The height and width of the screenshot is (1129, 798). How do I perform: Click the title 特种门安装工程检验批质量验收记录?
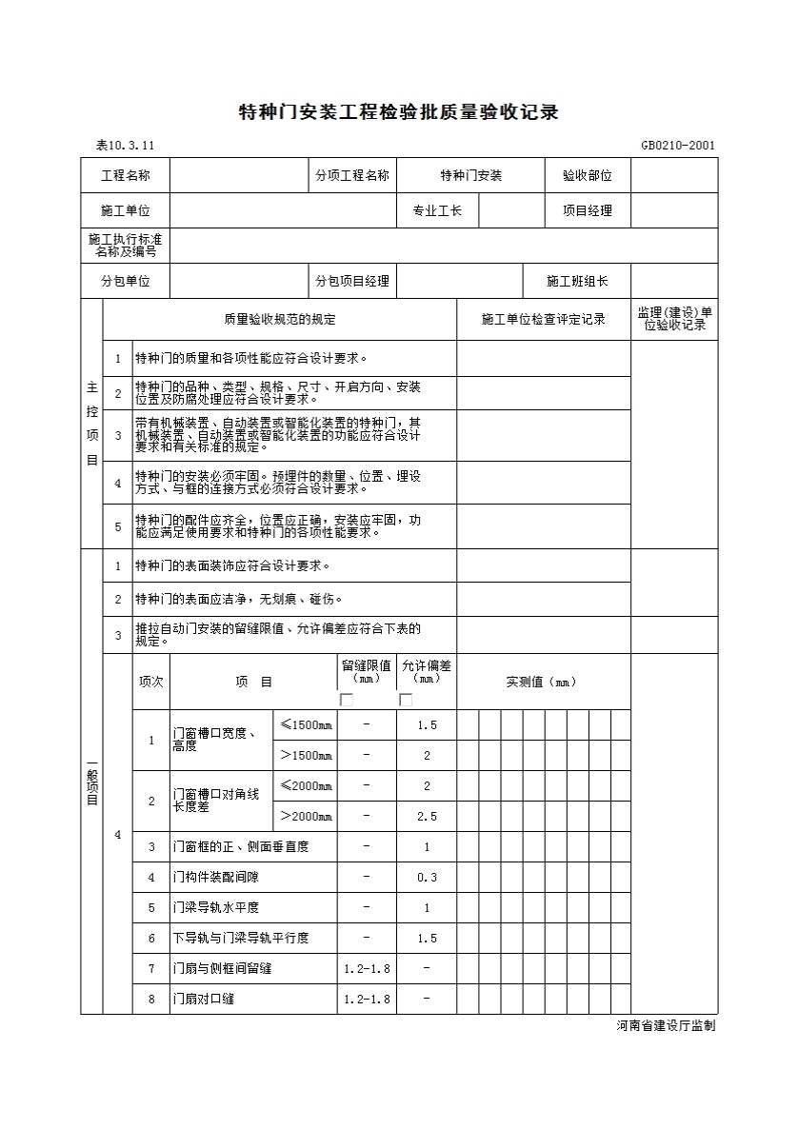pos(397,112)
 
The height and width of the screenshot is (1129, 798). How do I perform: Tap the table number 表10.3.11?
pos(125,146)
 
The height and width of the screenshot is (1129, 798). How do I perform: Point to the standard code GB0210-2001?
pos(678,146)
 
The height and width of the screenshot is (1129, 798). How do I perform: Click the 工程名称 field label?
pos(126,176)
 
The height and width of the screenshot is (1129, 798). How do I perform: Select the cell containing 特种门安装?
pos(470,176)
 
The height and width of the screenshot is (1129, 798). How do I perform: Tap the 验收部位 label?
pos(587,176)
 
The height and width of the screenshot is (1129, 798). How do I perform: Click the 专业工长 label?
pos(437,211)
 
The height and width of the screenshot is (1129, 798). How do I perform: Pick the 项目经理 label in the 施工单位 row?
pos(587,211)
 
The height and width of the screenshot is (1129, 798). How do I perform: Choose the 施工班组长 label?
pos(576,282)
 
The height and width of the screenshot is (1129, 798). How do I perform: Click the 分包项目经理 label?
pos(352,282)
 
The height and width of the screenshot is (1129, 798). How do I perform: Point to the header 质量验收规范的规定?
pos(279,320)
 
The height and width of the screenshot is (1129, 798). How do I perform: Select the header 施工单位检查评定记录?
pos(543,320)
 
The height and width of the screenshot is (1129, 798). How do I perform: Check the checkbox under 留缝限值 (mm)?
pos(347,700)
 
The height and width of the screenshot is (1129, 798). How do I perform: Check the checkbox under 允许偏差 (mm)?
pos(406,700)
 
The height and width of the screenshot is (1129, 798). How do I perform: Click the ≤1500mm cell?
pos(306,725)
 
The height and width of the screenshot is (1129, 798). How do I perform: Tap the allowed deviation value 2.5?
pos(427,817)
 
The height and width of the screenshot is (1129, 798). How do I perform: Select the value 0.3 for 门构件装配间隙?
pos(427,878)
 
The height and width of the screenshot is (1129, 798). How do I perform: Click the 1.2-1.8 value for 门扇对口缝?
pos(367,1000)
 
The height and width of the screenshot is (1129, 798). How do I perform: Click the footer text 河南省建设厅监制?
pos(666,1026)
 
